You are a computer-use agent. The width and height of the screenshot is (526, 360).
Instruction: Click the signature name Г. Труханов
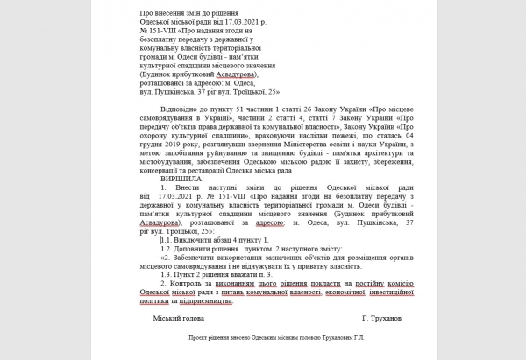coord(363,319)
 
